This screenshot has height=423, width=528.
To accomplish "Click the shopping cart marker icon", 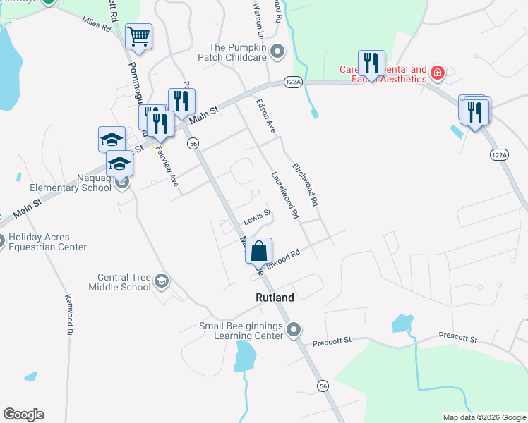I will [138, 37].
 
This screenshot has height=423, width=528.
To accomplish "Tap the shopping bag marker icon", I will [259, 250].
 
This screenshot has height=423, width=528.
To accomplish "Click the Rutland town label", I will [274, 298].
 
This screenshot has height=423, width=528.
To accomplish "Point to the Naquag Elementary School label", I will [71, 183].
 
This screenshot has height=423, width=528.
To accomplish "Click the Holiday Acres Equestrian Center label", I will [47, 242].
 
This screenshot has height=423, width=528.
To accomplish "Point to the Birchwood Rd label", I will [306, 184].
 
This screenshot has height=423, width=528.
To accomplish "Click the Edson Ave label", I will [265, 116].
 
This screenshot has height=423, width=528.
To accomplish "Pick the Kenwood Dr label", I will [69, 314].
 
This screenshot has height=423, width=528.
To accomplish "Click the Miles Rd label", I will [96, 25].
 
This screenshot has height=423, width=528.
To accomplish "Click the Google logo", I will [23, 415].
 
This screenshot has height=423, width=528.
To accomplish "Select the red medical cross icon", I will [437, 73].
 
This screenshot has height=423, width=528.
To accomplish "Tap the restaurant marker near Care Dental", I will [371, 63].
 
